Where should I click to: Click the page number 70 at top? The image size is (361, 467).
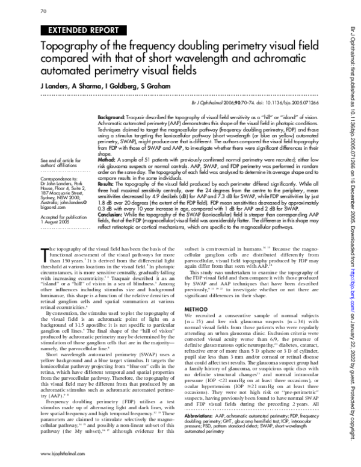pos(43,11)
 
